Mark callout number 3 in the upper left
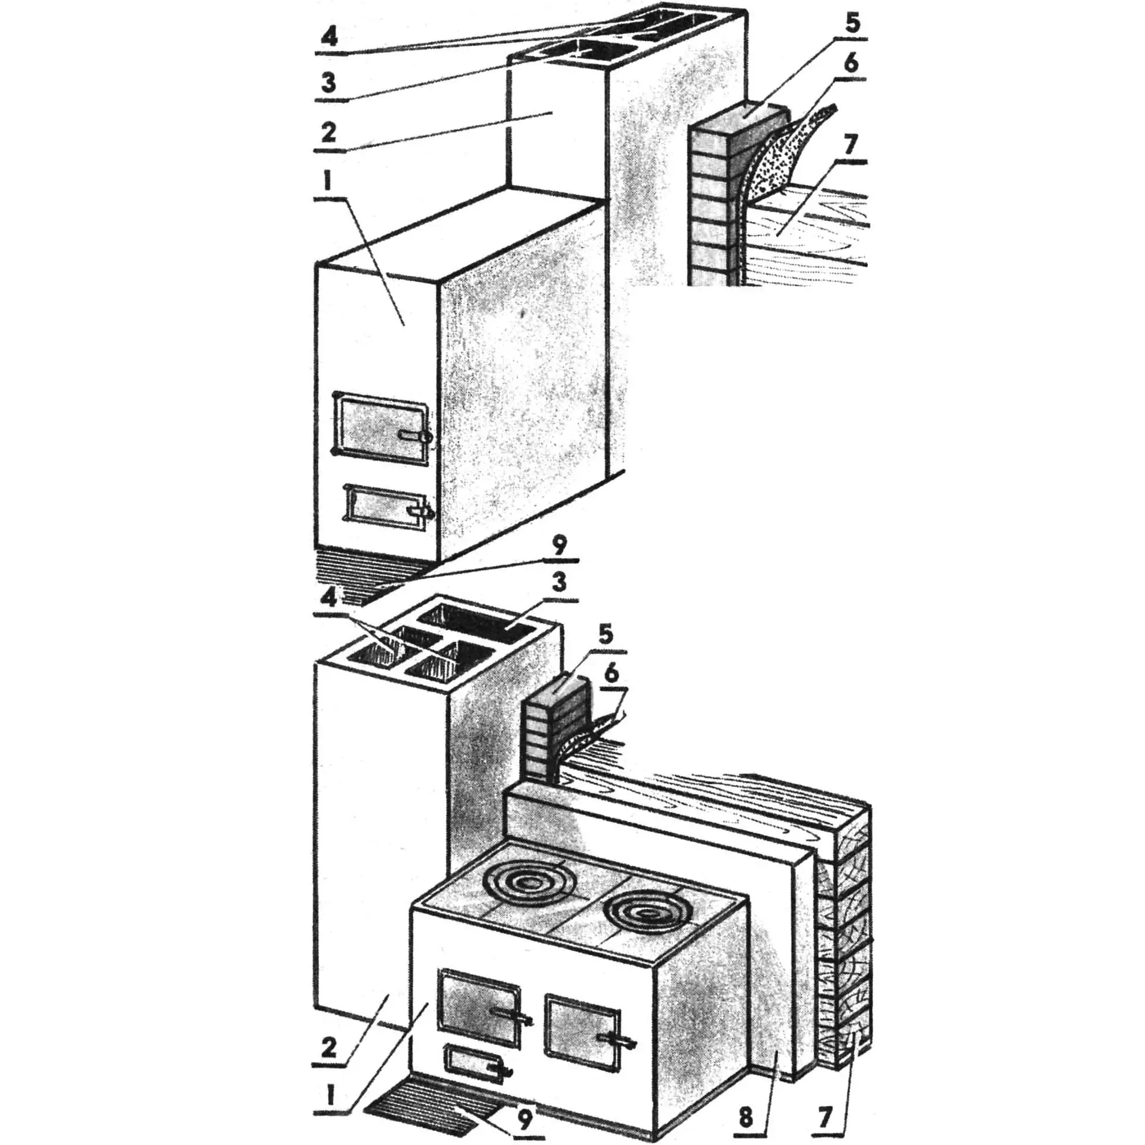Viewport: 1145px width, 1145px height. (329, 84)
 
